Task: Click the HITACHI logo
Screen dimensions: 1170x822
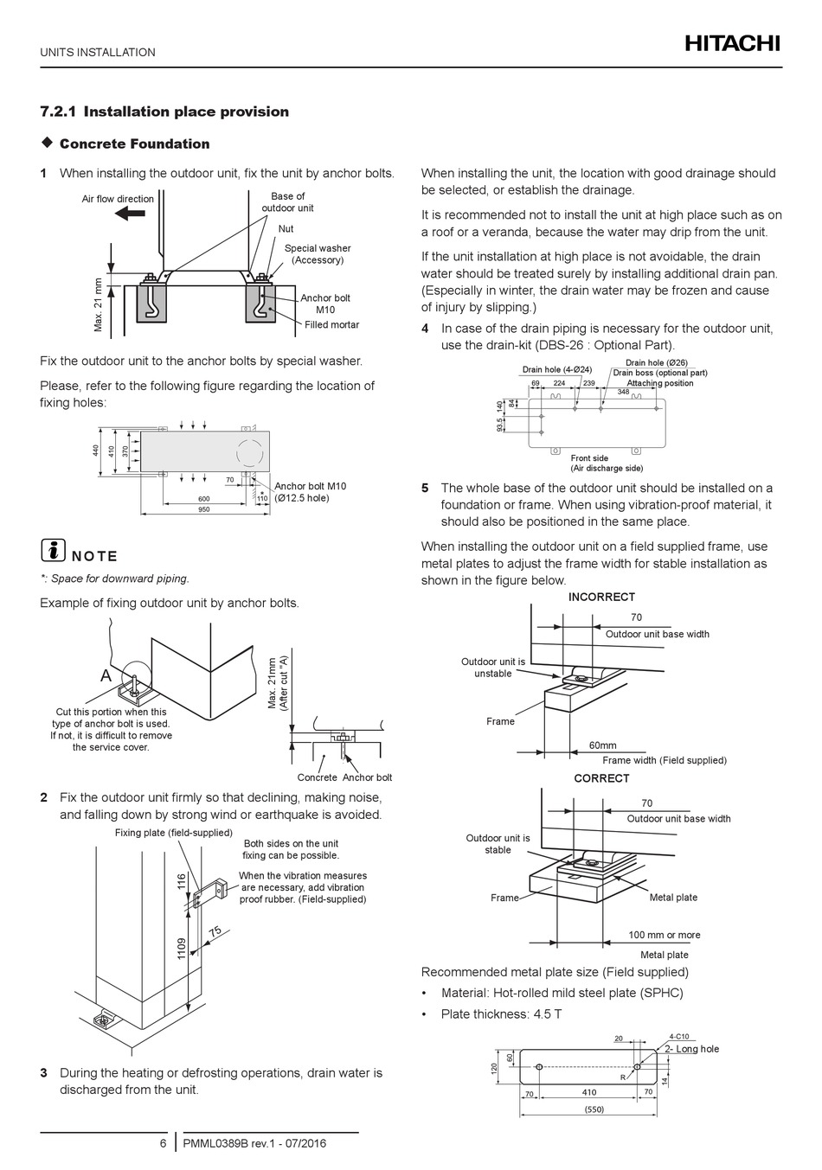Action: pos(733,43)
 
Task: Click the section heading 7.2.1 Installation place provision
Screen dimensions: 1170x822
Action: pos(164,112)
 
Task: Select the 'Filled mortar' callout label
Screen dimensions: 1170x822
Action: pos(331,325)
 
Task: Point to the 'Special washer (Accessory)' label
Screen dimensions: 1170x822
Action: pos(318,254)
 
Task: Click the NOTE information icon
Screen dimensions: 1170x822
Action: pos(53,551)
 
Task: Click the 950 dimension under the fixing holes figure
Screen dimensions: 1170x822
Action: pos(203,509)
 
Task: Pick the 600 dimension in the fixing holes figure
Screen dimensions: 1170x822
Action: pos(203,499)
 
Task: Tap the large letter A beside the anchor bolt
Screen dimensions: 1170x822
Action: pos(106,675)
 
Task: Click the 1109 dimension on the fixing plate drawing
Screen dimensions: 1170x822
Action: pos(182,948)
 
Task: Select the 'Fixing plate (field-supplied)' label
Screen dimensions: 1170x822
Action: pos(174,833)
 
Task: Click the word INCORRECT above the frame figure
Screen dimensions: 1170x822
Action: pos(601,597)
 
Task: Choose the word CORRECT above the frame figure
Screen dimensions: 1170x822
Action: pos(601,778)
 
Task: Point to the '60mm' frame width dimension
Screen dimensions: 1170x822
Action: pos(603,745)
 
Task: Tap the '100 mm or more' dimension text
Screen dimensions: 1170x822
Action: pos(665,935)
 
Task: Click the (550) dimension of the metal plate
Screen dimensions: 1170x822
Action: pos(593,1109)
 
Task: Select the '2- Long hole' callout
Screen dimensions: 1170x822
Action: pos(691,1049)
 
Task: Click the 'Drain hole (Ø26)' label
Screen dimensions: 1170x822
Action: pos(657,363)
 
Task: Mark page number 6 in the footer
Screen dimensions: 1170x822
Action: pos(163,1143)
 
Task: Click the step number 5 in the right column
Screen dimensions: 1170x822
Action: pos(425,488)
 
